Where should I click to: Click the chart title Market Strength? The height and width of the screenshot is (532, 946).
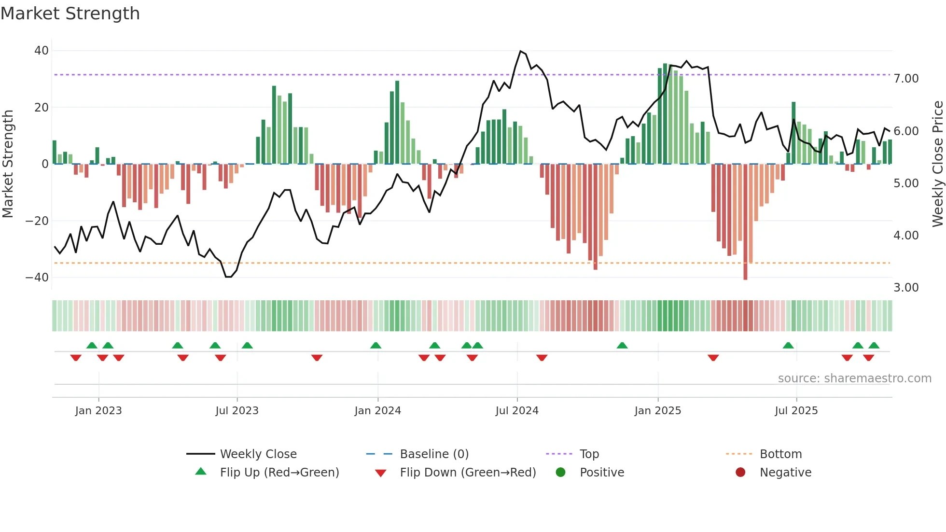point(70,14)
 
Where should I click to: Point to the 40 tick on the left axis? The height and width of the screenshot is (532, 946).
point(42,51)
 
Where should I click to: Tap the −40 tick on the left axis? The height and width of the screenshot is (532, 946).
point(37,278)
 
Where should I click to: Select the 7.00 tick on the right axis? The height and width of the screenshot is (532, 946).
point(906,79)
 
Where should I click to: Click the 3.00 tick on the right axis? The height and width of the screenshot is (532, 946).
point(906,288)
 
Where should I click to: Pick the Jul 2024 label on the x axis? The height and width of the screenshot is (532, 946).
point(516,411)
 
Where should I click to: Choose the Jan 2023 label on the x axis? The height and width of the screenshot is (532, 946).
point(98,411)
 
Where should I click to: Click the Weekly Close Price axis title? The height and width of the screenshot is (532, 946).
point(937,164)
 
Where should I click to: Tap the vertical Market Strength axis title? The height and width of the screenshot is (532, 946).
point(8,164)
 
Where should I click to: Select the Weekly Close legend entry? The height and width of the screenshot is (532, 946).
point(258,454)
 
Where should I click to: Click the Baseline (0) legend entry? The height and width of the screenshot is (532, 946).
point(434,454)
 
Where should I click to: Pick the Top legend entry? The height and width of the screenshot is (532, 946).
point(589,454)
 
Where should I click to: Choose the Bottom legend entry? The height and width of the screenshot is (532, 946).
point(780,454)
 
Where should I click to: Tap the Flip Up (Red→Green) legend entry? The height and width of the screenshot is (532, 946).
point(279,473)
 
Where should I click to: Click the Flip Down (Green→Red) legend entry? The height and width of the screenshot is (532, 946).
point(468,473)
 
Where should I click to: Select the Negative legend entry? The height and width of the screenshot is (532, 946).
point(785,473)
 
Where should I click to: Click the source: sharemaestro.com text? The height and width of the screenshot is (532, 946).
point(854,378)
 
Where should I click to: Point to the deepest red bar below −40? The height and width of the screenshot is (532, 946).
point(745,270)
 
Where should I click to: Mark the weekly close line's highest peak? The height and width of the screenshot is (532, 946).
point(520,51)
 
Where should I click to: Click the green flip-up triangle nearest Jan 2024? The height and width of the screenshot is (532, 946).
point(376,345)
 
